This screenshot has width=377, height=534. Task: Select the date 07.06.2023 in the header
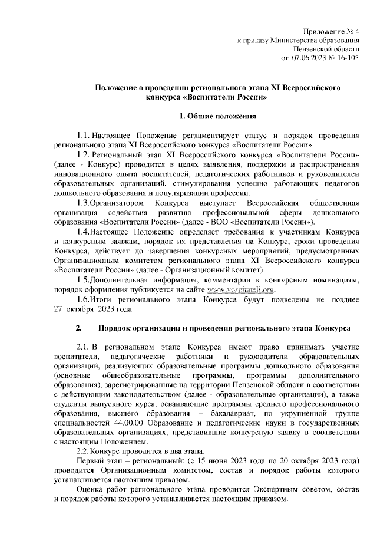click(310, 58)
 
